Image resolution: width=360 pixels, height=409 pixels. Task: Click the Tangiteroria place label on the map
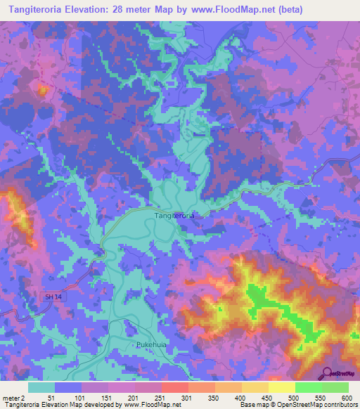click(173, 215)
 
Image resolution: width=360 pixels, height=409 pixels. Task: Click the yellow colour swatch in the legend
click(281, 387)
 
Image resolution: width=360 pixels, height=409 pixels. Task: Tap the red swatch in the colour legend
click(174, 387)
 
